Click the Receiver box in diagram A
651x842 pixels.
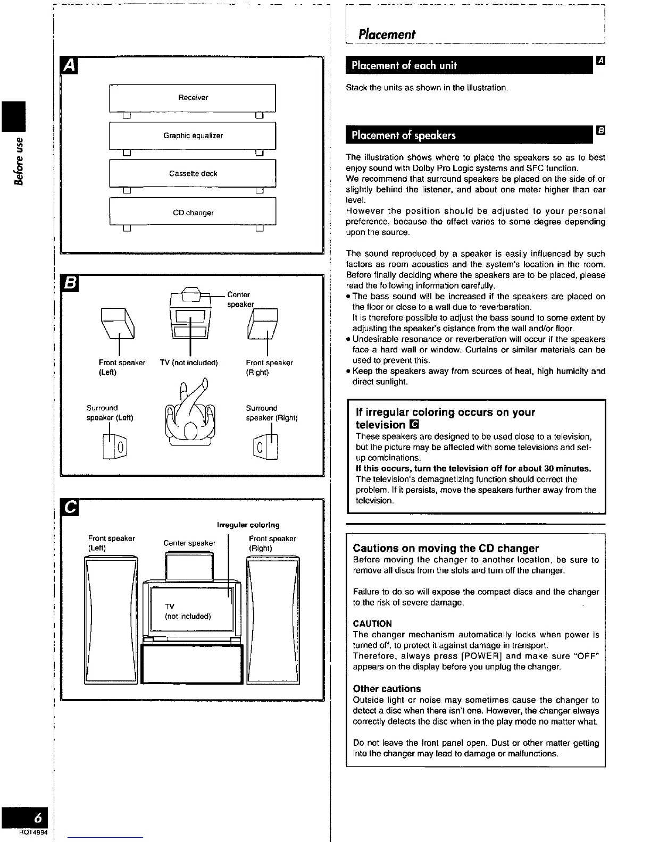193,98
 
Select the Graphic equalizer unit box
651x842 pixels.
193,136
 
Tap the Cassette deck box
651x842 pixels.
193,173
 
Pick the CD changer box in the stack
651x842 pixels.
193,213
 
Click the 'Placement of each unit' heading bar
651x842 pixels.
468,65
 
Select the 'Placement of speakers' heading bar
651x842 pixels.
468,135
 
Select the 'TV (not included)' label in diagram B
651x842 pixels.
189,363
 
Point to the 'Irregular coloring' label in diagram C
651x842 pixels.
248,525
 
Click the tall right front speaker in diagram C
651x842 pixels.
273,619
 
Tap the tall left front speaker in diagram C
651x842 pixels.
111,619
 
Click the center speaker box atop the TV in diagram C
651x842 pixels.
189,567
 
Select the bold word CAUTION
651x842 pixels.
372,624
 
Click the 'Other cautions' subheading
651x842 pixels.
387,688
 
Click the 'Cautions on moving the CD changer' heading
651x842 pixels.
446,548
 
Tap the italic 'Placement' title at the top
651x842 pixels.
387,35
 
